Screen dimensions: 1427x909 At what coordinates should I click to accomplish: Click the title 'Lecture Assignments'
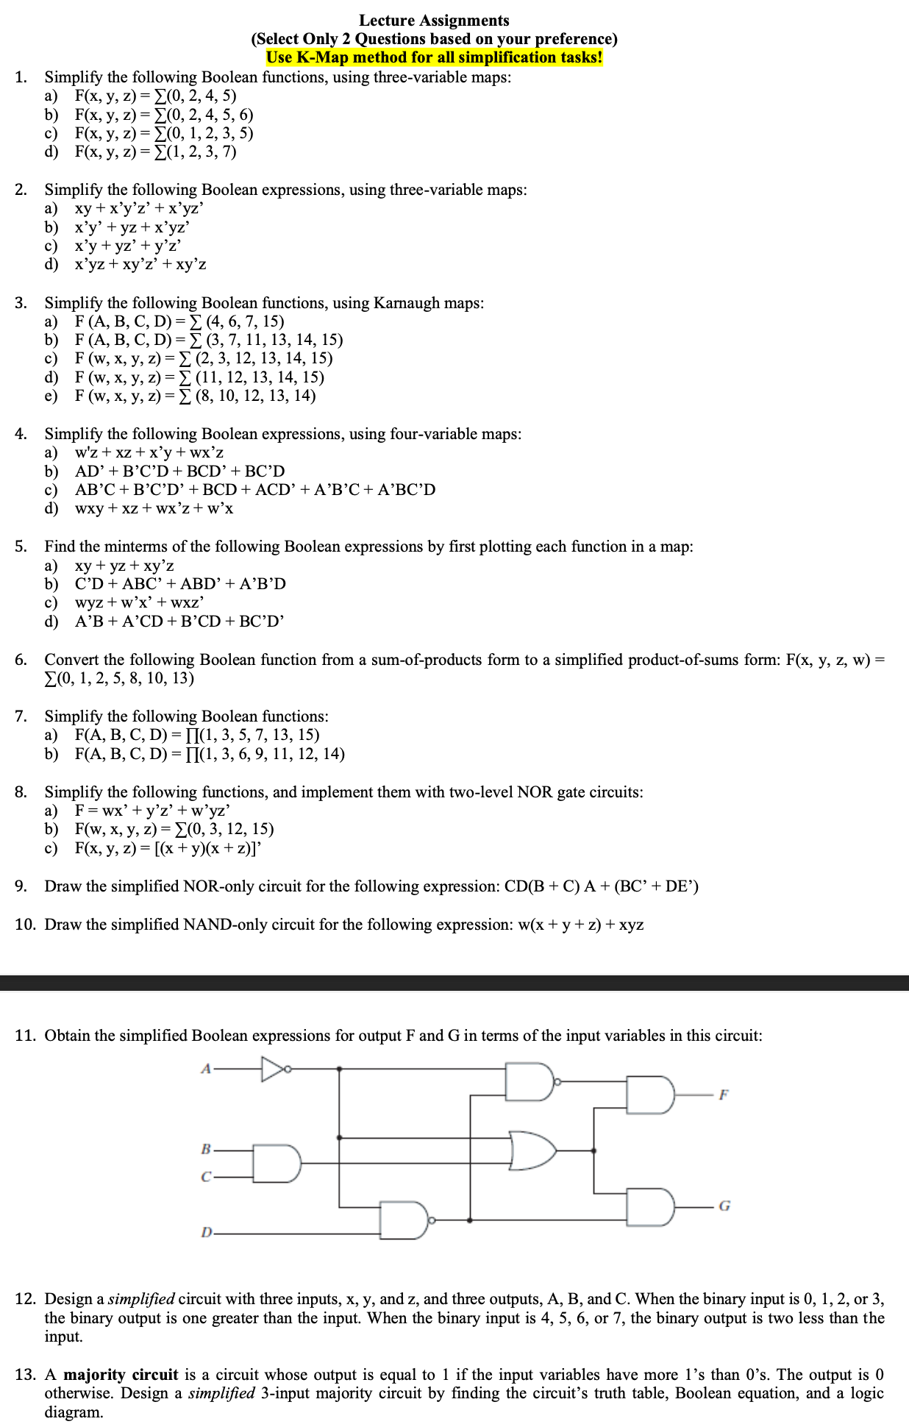(x=434, y=21)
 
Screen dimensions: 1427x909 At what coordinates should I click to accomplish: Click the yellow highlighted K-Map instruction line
(x=434, y=57)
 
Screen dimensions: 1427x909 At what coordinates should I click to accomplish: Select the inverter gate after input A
(x=274, y=1069)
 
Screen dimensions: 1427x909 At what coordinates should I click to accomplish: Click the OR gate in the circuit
(x=533, y=1150)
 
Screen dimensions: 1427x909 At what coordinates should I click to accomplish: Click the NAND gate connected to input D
(x=404, y=1220)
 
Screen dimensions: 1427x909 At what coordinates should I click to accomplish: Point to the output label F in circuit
(x=723, y=1095)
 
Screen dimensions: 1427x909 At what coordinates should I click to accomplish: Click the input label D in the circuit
(x=207, y=1233)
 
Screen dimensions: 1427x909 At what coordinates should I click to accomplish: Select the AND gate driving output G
(x=651, y=1206)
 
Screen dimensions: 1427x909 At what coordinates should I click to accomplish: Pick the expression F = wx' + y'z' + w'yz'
(x=153, y=811)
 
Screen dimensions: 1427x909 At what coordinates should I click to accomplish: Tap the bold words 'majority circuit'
(x=121, y=1375)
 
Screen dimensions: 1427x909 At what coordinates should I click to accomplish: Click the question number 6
(x=21, y=660)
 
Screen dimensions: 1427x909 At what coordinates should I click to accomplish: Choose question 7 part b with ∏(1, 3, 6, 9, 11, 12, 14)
(x=210, y=754)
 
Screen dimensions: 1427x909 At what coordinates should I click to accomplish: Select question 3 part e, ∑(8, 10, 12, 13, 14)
(x=195, y=396)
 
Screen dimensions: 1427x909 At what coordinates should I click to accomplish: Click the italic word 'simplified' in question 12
(x=141, y=1299)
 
